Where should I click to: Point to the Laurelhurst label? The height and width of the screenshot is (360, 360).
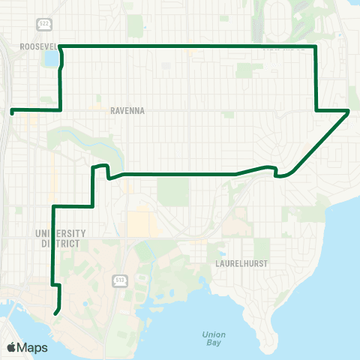(242, 264)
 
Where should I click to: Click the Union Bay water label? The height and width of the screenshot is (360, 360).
(214, 338)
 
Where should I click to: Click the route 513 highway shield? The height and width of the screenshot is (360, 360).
(119, 280)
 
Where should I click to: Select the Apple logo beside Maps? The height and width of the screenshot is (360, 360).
(13, 347)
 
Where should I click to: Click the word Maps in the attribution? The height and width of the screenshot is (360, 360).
(34, 347)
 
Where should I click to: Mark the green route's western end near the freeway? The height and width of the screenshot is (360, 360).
(12, 112)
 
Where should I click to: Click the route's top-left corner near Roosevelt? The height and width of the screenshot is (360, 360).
(60, 46)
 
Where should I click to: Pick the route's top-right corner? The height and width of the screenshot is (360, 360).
(316, 46)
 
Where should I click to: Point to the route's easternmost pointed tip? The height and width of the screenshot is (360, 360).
(349, 111)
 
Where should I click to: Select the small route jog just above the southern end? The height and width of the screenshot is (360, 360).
(55, 286)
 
